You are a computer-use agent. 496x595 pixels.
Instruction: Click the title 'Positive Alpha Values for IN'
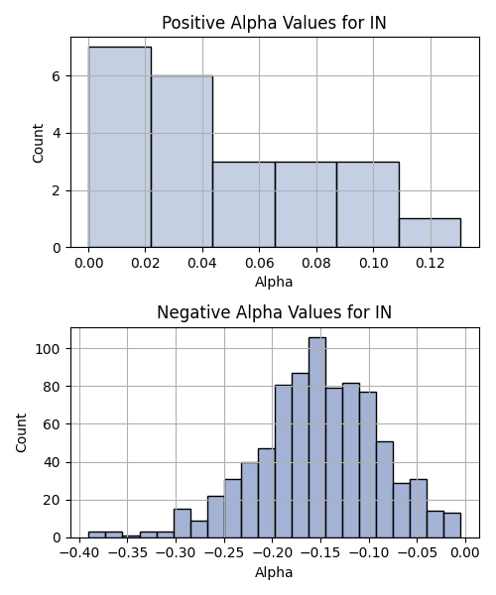click(274, 23)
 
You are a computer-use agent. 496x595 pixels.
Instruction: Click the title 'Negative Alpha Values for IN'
click(274, 312)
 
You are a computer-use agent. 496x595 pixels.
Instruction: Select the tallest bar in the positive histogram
click(120, 147)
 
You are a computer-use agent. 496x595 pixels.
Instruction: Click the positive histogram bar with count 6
click(182, 162)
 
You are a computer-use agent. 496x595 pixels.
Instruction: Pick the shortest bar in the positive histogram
click(430, 233)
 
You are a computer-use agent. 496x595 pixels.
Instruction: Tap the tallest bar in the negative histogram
click(317, 437)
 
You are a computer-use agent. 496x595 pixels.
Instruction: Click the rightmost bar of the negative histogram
click(452, 526)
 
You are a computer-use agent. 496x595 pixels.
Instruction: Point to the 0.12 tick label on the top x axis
click(431, 263)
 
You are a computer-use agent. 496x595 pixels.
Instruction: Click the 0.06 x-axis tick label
click(260, 263)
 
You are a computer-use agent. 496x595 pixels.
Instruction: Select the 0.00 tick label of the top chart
click(89, 263)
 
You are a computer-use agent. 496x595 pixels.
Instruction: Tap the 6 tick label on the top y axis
click(57, 76)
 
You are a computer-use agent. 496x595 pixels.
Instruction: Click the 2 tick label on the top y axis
click(57, 190)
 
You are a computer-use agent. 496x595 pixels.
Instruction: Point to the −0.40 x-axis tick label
click(79, 552)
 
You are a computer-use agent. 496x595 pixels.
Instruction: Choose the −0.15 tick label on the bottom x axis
click(320, 552)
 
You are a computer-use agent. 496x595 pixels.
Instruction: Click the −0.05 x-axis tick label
click(417, 552)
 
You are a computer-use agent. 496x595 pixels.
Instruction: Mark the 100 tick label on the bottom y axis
click(48, 349)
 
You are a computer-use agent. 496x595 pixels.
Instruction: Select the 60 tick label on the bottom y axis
click(53, 424)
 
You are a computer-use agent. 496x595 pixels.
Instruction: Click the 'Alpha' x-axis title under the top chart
click(274, 283)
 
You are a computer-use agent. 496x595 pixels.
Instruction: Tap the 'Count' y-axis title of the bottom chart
click(21, 433)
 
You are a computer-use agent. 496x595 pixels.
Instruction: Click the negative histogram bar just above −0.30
click(183, 524)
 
